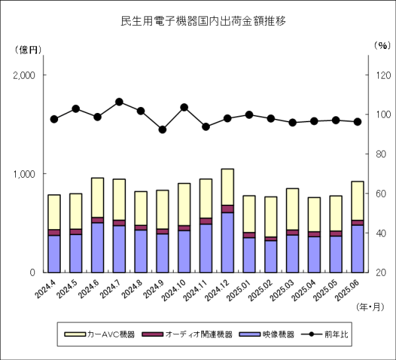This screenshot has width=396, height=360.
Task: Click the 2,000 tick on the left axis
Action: (24, 75)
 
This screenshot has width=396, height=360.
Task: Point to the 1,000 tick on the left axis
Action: (24, 174)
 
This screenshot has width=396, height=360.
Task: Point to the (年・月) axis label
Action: (370, 306)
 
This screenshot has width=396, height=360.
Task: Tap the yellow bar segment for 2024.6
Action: (98, 197)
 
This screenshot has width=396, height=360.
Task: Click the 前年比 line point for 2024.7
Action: (119, 102)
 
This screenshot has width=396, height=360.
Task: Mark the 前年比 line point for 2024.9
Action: (162, 129)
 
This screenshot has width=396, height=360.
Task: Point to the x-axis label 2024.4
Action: (49, 291)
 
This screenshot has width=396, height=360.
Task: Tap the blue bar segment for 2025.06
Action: (357, 248)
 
